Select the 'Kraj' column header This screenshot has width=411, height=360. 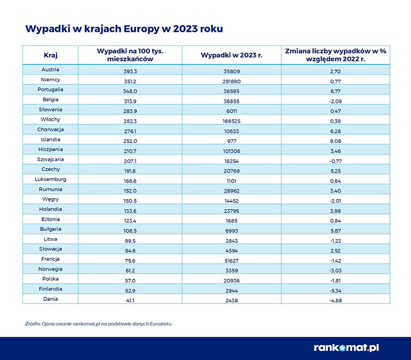pyautogui.click(x=50, y=55)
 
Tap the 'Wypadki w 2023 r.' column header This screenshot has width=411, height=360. pyautogui.click(x=232, y=55)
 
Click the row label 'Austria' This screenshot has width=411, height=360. pyautogui.click(x=50, y=69)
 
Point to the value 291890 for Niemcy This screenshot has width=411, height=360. pyautogui.click(x=232, y=80)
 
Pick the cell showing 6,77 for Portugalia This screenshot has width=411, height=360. pyautogui.click(x=335, y=89)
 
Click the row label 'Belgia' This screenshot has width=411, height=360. pyautogui.click(x=50, y=99)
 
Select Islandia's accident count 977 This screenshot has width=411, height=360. pyautogui.click(x=232, y=139)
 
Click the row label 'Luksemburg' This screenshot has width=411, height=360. pyautogui.click(x=50, y=179)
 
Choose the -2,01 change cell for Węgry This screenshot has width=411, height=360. pyautogui.click(x=335, y=199)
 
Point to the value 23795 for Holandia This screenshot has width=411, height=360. pyautogui.click(x=232, y=209)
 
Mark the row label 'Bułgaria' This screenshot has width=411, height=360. pyautogui.click(x=50, y=229)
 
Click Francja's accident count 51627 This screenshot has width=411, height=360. pyautogui.click(x=232, y=259)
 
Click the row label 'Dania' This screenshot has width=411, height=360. pyautogui.click(x=50, y=299)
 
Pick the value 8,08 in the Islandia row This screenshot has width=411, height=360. pyautogui.click(x=335, y=139)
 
